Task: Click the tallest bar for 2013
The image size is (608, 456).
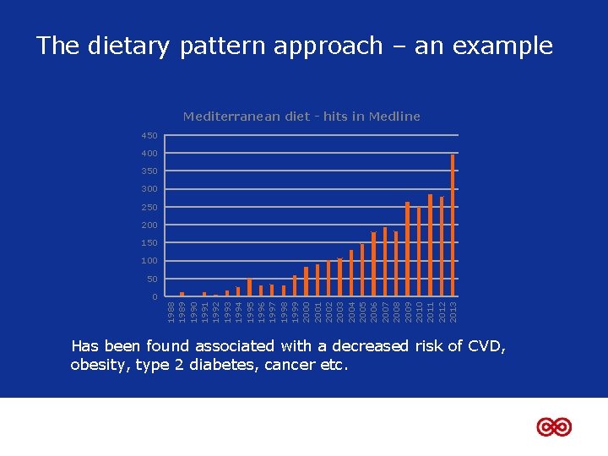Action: click(453, 225)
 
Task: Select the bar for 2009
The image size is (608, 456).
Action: click(408, 249)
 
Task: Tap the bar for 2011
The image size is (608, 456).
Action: click(430, 246)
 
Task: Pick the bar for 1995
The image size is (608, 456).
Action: click(249, 287)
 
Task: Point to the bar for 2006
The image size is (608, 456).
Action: click(374, 264)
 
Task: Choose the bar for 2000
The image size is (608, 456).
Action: click(306, 282)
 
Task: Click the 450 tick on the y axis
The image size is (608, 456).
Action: click(149, 136)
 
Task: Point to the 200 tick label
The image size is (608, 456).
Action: click(149, 225)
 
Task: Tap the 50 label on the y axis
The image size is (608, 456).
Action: click(151, 280)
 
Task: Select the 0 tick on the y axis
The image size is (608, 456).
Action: click(155, 297)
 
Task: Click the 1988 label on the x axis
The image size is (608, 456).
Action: click(171, 309)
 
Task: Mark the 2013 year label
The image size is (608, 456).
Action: click(453, 309)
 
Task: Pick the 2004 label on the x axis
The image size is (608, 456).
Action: click(351, 309)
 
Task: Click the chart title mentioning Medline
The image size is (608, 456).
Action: click(301, 117)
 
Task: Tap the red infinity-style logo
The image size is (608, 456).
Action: click(554, 427)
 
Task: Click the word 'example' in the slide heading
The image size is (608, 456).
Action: click(504, 46)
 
